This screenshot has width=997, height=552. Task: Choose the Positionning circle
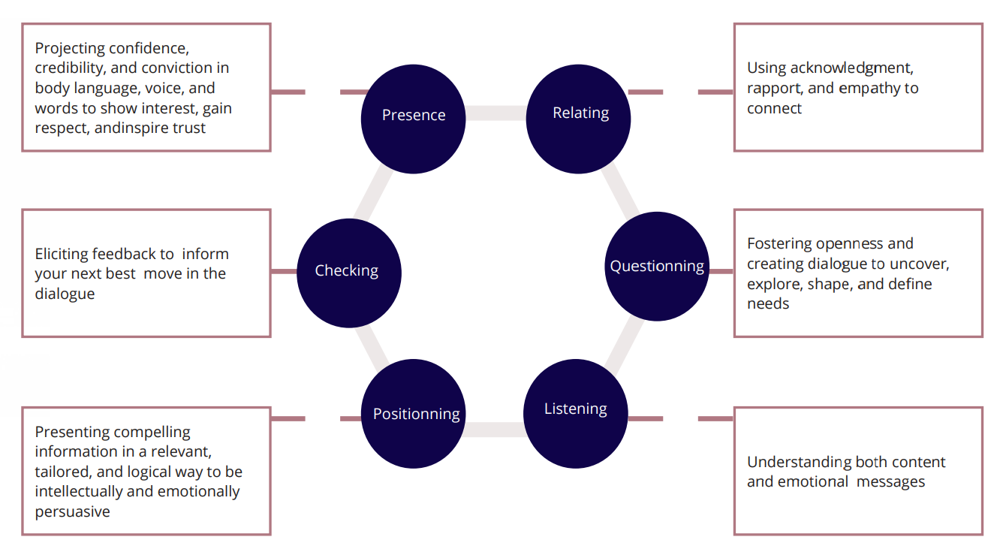415,414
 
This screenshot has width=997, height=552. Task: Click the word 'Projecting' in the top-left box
70,48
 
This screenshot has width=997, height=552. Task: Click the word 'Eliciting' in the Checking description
65,254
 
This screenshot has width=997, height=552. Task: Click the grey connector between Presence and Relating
496,113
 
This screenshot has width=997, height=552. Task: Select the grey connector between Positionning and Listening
493,430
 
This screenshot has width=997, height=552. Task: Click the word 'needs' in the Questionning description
768,304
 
